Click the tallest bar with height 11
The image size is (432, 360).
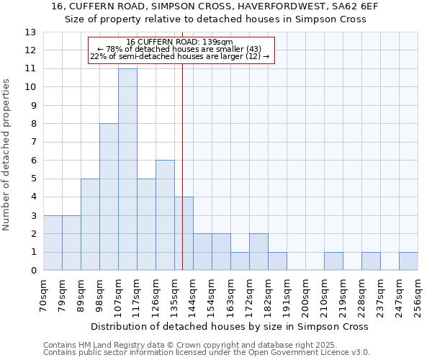[x=127, y=169]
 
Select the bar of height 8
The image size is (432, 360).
[x=109, y=197]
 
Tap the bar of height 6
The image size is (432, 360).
[x=165, y=215]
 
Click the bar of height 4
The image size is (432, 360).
[x=184, y=233]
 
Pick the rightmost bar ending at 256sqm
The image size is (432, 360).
[x=408, y=261]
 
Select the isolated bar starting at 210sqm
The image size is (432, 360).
[x=333, y=261]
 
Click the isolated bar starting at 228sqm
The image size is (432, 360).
[x=371, y=261]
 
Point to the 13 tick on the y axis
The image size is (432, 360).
[x=30, y=32]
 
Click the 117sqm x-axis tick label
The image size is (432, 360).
[x=138, y=294]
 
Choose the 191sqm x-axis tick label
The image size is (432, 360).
[x=287, y=294]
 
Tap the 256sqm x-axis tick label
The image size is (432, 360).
[x=418, y=294]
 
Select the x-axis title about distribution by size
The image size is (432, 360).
[x=233, y=326]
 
